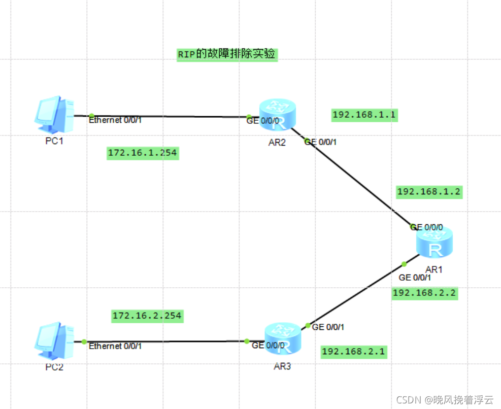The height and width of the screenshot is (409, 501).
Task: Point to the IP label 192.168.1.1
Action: point(363,115)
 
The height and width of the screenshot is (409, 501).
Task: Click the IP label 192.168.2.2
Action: point(425,293)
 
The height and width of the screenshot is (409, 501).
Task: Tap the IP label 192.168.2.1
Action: point(354,352)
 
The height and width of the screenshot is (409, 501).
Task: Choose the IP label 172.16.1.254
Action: point(143,153)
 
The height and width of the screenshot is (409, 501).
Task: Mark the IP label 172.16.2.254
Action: point(147,316)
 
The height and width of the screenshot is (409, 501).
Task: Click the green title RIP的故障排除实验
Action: point(227,54)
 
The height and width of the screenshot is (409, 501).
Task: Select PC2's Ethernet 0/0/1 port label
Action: point(115,346)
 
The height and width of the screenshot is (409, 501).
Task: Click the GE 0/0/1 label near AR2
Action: point(321,142)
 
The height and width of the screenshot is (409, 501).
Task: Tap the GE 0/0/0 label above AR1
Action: point(427,227)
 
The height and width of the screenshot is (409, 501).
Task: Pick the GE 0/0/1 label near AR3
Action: point(328,327)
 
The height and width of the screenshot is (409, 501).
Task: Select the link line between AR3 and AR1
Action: point(355,294)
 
